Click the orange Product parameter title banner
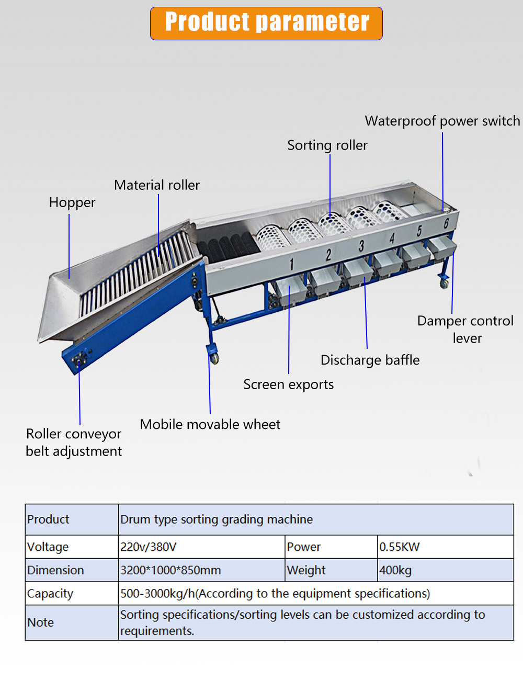tap(266, 24)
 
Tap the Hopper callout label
tap(72, 203)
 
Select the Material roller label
tap(157, 185)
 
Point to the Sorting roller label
tap(327, 145)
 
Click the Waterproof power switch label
tap(442, 121)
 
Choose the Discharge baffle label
tap(370, 360)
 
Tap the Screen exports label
tap(288, 384)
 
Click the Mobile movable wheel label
tap(210, 424)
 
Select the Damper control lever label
tap(465, 330)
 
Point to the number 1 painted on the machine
tap(291, 265)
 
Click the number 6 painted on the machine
tap(446, 223)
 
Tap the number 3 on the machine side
tap(361, 246)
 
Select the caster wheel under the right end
tap(444, 284)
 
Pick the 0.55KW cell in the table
tap(399, 547)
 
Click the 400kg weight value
tap(395, 571)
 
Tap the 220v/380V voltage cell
tap(148, 547)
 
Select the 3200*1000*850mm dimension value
tap(170, 570)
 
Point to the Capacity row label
tap(50, 594)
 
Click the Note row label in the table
tap(40, 622)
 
